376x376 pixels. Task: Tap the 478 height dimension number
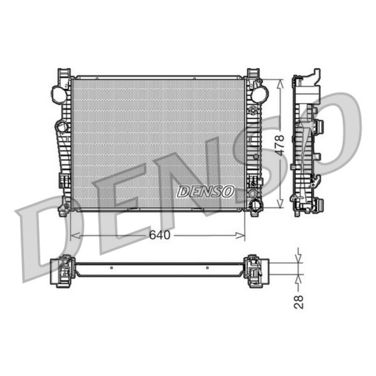coord(280,144)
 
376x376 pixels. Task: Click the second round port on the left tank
coord(62,127)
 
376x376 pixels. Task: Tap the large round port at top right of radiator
coord(259,94)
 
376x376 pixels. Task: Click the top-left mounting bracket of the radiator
coord(64,73)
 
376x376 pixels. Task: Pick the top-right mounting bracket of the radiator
coord(253,74)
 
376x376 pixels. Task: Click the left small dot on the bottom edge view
coord(110,267)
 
